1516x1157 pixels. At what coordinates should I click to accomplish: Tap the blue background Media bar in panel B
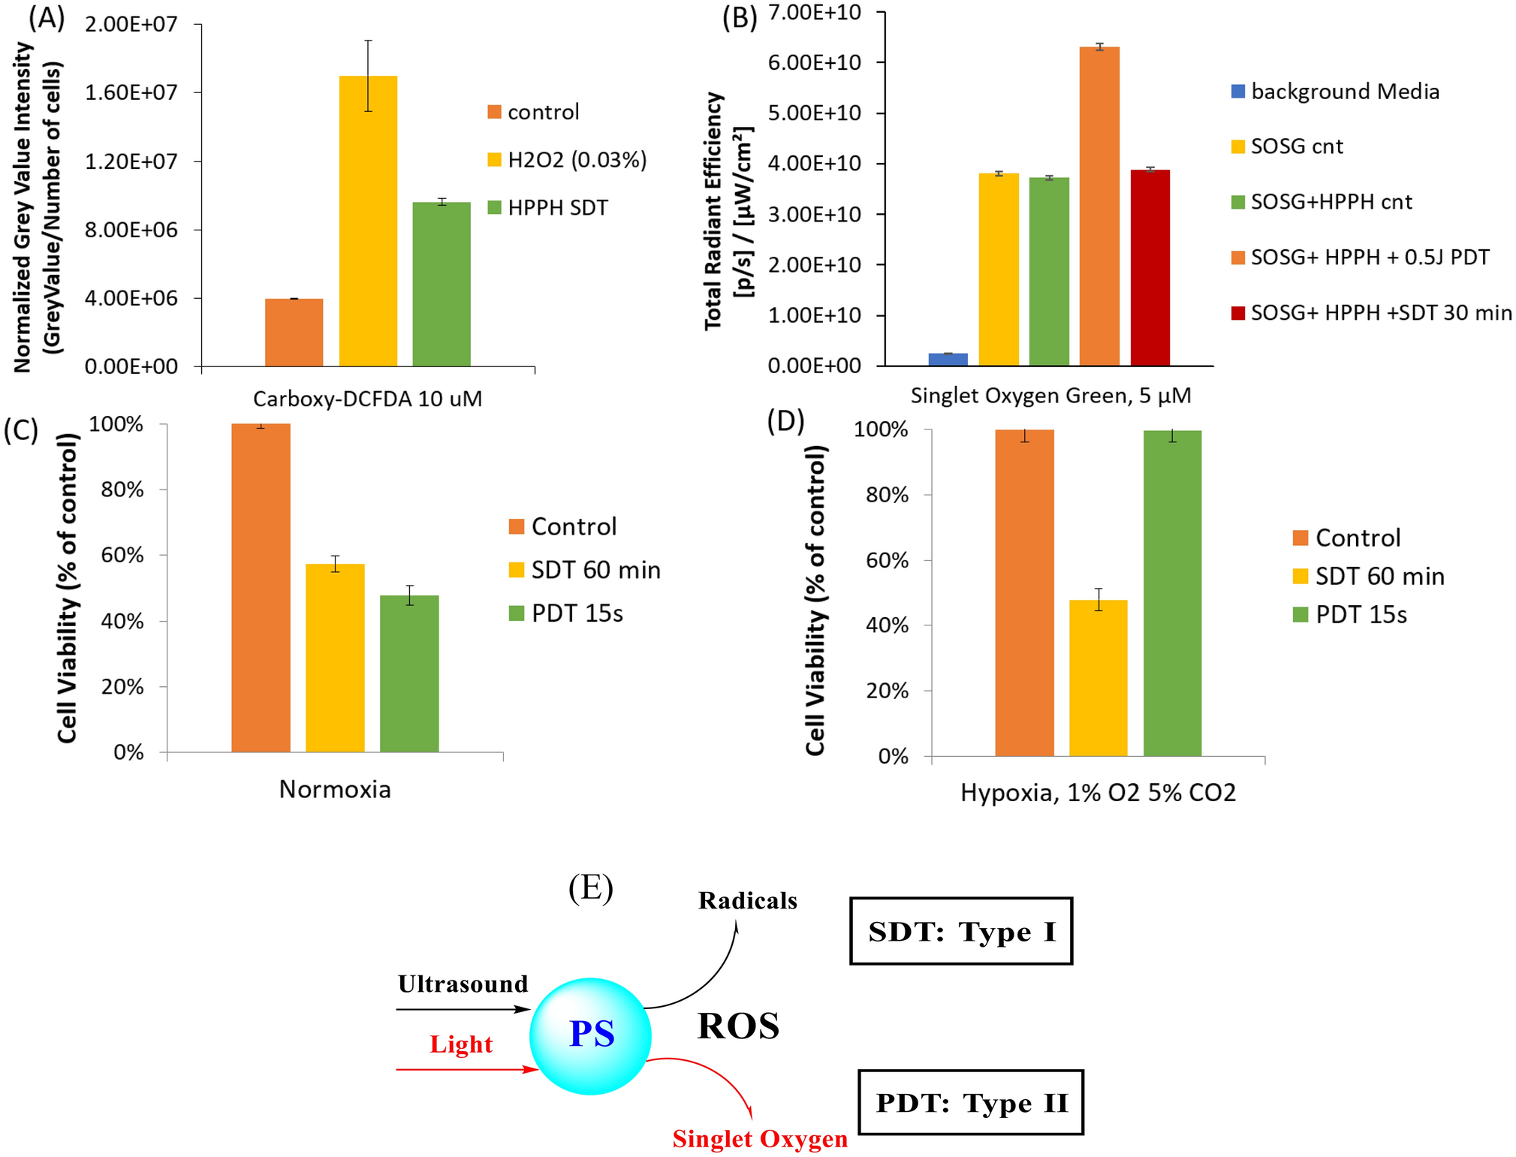tap(948, 359)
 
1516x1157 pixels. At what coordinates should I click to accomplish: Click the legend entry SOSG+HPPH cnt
tap(1331, 202)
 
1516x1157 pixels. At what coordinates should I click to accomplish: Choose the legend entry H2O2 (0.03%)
tap(576, 160)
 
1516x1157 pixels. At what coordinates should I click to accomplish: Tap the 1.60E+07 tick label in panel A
tap(131, 92)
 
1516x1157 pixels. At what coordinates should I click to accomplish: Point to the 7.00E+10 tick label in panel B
tap(814, 12)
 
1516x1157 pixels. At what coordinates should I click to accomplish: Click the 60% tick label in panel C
tap(122, 556)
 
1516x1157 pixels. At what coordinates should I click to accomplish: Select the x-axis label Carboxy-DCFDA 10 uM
tap(367, 399)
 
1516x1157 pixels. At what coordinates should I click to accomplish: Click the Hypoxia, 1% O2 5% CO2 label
tap(1098, 793)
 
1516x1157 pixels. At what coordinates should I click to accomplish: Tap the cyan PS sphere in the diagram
tap(590, 1035)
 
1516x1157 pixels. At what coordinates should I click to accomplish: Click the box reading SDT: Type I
tap(960, 931)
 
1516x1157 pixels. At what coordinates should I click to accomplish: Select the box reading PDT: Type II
tap(970, 1102)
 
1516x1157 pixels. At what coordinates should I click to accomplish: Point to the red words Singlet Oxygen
tap(760, 1138)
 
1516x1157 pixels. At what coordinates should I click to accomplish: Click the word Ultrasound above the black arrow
tap(463, 984)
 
